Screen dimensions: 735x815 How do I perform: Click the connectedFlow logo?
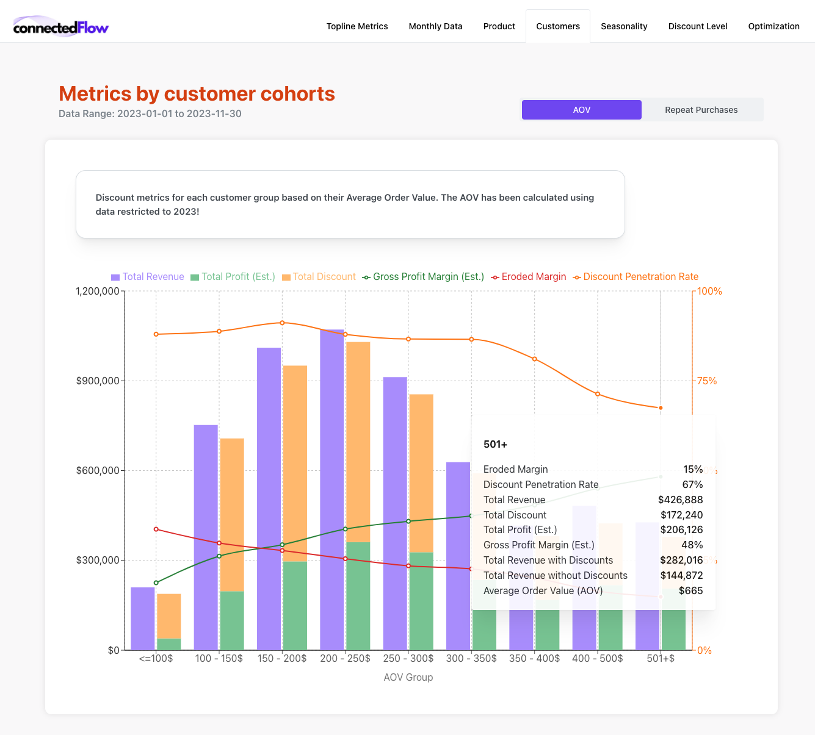point(60,27)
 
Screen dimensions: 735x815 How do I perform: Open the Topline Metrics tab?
point(357,26)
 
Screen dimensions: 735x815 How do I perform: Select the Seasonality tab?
point(624,26)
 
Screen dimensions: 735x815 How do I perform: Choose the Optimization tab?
point(773,26)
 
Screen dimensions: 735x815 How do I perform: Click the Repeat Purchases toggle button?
point(701,110)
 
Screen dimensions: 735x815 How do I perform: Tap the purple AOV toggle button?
point(581,110)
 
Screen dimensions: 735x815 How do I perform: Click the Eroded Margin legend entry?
point(529,277)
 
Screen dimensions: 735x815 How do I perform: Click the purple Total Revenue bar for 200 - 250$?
point(332,488)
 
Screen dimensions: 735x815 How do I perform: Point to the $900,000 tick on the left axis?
point(97,381)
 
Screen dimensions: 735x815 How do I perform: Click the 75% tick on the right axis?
point(707,381)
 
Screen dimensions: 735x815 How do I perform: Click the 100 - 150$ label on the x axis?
point(219,659)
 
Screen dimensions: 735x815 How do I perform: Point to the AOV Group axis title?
point(408,677)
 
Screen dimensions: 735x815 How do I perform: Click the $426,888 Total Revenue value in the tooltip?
point(680,500)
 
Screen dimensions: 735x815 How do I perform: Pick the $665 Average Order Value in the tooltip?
point(690,591)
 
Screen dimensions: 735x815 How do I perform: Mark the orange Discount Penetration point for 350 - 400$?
point(535,359)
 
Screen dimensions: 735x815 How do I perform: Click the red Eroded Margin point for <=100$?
point(156,529)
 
